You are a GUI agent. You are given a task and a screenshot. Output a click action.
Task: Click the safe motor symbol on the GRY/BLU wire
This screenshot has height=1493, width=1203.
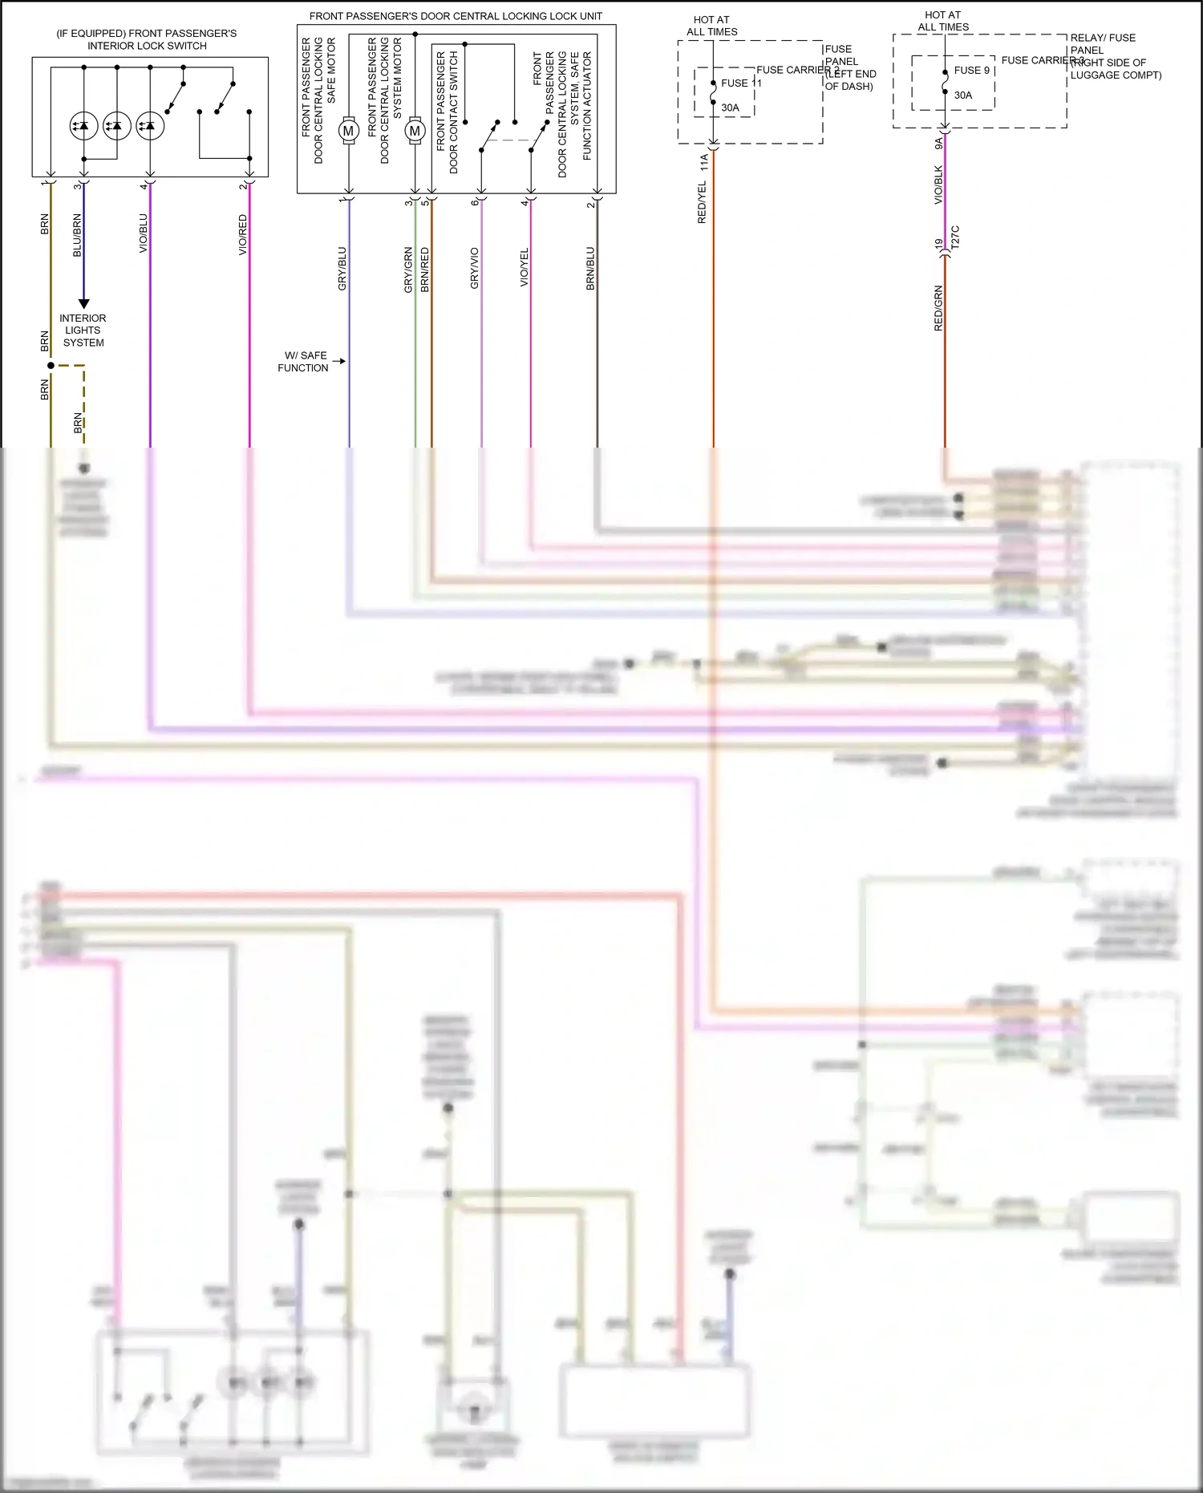[x=348, y=131]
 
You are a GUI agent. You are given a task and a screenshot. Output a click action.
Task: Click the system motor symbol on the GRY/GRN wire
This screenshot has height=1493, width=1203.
[x=415, y=131]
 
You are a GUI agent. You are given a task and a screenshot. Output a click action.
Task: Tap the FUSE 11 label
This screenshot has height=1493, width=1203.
[x=740, y=83]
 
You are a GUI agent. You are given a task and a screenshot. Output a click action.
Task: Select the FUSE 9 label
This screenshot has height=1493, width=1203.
[x=972, y=70]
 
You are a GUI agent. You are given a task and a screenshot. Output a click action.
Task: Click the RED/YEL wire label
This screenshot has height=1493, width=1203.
[x=703, y=202]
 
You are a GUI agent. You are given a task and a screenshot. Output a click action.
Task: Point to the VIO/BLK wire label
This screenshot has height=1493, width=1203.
[x=938, y=185]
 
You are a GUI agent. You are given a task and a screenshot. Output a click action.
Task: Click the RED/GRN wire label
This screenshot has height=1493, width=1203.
[x=938, y=308]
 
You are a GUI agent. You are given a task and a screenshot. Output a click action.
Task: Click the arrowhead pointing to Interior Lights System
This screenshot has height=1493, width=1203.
[x=83, y=304]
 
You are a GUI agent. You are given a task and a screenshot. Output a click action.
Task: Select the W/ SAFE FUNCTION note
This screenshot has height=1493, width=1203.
[x=303, y=362]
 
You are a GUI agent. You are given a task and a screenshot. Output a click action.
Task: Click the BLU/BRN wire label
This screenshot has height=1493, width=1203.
[x=77, y=235]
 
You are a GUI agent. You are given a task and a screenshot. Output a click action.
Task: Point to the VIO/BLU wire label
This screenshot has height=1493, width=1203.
[x=144, y=233]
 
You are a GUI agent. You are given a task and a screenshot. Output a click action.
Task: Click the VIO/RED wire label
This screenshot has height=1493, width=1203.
[x=243, y=235]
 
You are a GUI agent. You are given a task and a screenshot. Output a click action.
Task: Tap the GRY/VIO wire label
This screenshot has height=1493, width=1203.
[x=475, y=268]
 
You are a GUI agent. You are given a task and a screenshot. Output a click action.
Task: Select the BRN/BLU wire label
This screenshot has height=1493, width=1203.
[x=590, y=268]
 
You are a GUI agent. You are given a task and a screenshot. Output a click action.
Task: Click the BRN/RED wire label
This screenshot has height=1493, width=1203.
[x=425, y=268]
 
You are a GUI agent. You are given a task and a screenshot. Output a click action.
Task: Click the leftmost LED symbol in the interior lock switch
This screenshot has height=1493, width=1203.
[x=83, y=126]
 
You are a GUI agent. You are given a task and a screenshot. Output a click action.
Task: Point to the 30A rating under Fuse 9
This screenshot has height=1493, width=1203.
[x=962, y=95]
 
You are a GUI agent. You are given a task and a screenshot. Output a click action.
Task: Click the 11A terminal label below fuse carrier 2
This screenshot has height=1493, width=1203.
[x=704, y=163]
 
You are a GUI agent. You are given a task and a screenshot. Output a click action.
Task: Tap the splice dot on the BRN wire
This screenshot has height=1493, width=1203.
[x=51, y=366]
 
